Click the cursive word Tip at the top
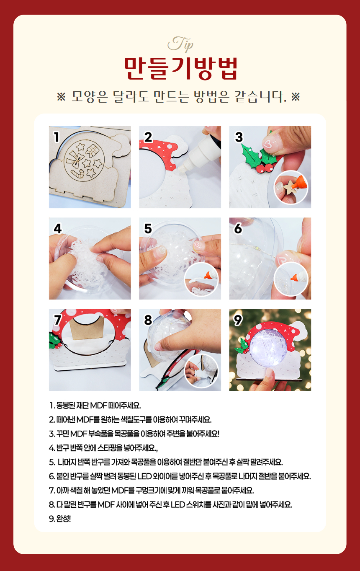[x=180, y=44]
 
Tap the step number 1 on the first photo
[x=57, y=137]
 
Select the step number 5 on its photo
[x=148, y=228]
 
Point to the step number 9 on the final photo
[x=238, y=320]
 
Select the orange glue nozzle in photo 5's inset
[x=207, y=275]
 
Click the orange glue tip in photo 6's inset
[x=294, y=277]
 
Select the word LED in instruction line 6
[x=144, y=476]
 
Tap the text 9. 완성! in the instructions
[x=60, y=519]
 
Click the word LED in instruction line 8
[x=177, y=504]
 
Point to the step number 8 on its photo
[x=148, y=320]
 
